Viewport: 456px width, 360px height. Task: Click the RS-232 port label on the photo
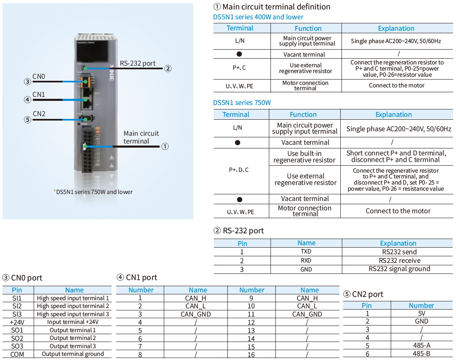click(x=137, y=63)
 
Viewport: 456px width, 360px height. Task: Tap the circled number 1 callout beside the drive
click(x=165, y=146)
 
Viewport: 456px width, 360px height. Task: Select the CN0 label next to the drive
click(x=39, y=76)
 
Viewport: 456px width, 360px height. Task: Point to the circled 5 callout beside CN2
click(x=27, y=120)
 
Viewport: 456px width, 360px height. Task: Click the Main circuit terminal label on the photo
click(x=141, y=137)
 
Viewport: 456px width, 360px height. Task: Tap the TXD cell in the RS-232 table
click(x=306, y=252)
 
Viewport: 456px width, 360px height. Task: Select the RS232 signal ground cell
click(x=399, y=269)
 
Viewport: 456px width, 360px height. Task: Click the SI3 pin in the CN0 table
click(x=17, y=314)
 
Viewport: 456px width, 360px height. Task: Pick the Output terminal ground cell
click(x=73, y=354)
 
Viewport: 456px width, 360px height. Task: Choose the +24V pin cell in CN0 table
click(x=17, y=322)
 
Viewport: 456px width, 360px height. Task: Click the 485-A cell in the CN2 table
click(x=422, y=345)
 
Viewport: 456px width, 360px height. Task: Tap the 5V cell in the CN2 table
click(x=422, y=314)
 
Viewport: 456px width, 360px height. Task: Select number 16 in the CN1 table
click(x=251, y=355)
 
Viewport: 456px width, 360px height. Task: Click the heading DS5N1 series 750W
click(x=242, y=103)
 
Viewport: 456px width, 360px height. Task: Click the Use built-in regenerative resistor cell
click(x=305, y=157)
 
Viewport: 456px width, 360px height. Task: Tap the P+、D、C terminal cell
click(x=238, y=170)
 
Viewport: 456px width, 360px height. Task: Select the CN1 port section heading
click(x=137, y=278)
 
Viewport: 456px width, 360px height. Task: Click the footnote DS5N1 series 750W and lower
click(x=94, y=192)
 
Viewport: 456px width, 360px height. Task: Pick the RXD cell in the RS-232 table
click(x=306, y=260)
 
